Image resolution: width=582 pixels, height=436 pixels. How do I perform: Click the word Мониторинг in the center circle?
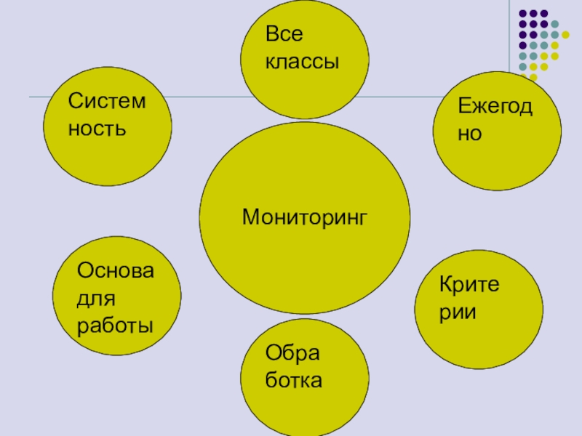click(306, 216)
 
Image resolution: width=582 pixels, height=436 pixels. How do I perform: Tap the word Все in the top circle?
click(284, 34)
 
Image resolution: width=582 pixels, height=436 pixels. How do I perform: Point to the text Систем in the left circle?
click(107, 101)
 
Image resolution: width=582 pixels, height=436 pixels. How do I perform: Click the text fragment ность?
click(97, 129)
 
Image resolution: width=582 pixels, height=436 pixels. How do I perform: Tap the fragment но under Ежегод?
click(470, 134)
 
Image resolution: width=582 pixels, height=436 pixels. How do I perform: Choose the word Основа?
click(116, 271)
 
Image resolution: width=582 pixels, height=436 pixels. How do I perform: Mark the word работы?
click(115, 324)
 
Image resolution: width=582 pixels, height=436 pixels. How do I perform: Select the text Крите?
click(470, 284)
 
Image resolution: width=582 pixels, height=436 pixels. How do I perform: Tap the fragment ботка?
click(294, 380)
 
